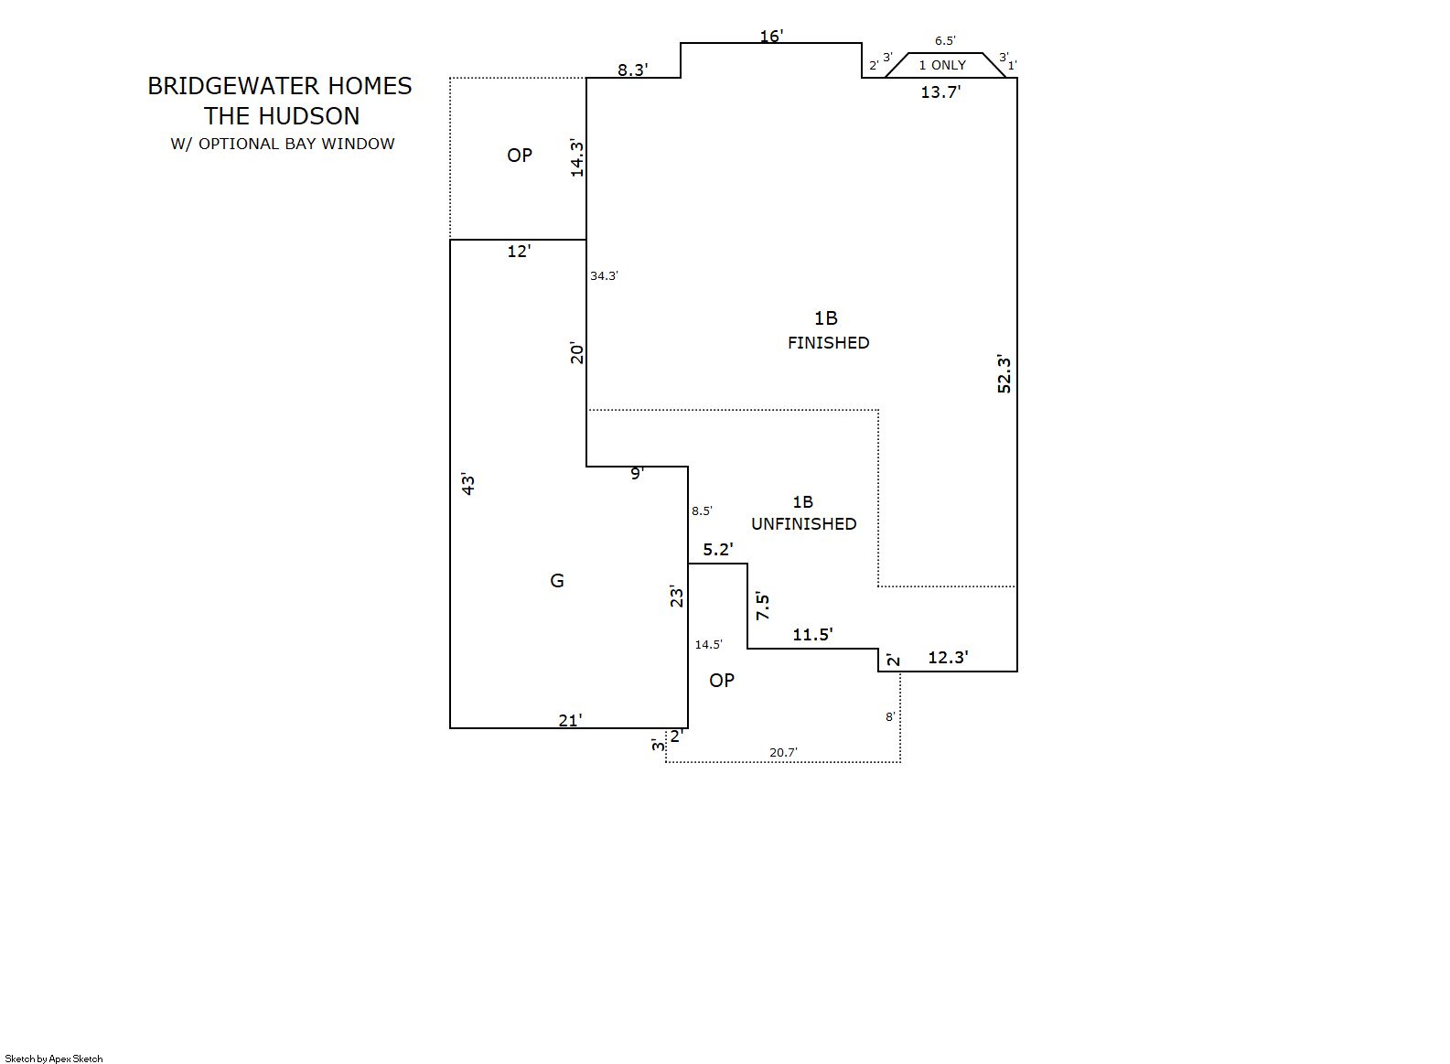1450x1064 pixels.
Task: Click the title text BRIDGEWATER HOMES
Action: pos(280,86)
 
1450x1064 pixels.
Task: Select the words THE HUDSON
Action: pos(282,116)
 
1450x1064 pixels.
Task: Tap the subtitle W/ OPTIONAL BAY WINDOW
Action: pos(283,144)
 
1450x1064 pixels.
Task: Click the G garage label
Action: pos(557,581)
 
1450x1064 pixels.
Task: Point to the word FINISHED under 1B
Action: pos(829,343)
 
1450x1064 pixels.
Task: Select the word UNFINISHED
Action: pos(804,524)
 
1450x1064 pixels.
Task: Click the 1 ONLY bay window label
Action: pos(942,65)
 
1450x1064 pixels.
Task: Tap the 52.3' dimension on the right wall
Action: pos(1004,373)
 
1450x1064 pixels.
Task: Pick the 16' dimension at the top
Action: pos(771,37)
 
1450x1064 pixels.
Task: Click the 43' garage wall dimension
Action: pos(468,484)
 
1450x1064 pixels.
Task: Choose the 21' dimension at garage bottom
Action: pos(570,721)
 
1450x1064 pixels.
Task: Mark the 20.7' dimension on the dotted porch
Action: pos(783,753)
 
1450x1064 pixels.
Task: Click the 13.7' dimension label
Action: pos(940,91)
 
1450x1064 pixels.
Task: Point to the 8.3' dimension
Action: pos(633,70)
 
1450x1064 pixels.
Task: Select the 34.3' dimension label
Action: pos(604,275)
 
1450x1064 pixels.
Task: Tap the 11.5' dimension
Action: pos(812,635)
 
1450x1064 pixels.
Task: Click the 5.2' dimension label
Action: pos(718,550)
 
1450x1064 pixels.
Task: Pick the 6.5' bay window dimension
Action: pos(945,41)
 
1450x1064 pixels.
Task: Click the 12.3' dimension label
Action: pos(948,658)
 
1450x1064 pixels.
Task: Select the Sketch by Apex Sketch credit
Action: pos(54,1059)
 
